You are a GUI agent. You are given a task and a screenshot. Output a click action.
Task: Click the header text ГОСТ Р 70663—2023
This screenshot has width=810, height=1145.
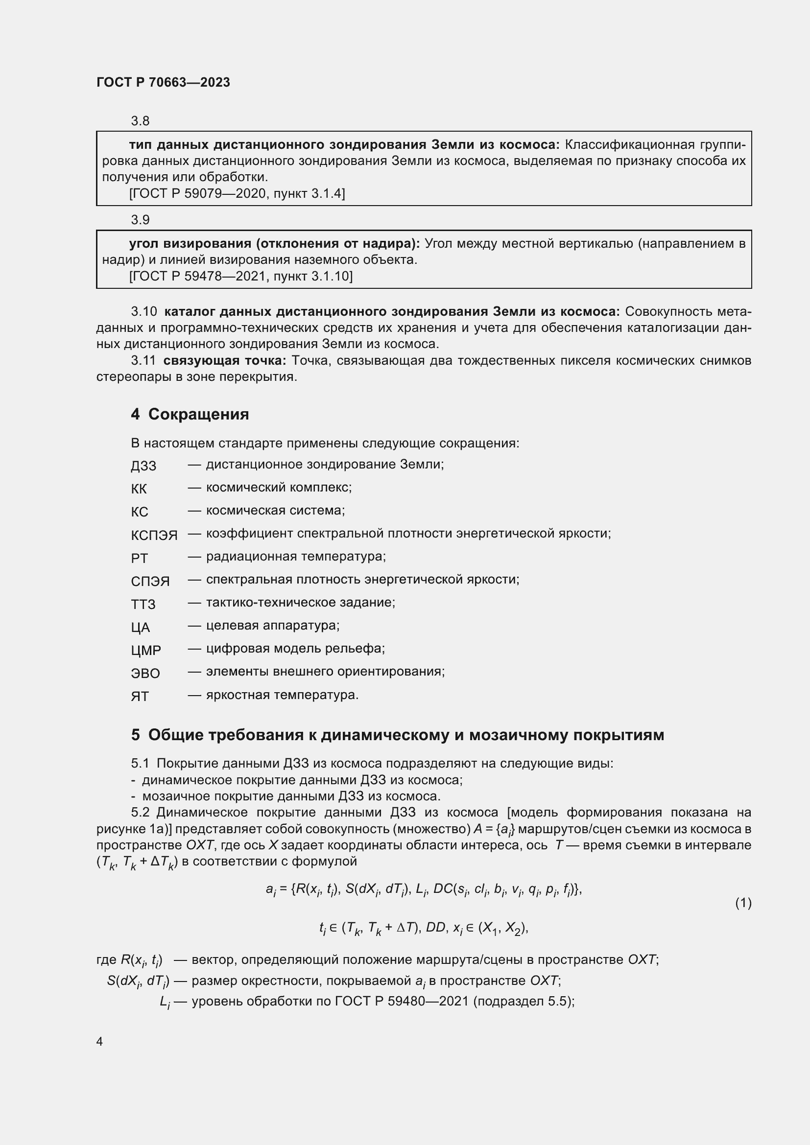tap(163, 82)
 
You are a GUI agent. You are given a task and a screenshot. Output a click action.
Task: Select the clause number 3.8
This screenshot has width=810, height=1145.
tap(140, 121)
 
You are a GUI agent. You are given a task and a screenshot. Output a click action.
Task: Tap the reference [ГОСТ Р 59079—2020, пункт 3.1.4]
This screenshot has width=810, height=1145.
tap(237, 193)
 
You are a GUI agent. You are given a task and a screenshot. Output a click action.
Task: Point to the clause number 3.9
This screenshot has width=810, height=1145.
tap(140, 220)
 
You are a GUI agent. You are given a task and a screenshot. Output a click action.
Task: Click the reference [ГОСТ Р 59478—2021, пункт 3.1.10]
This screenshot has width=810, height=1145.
tap(240, 276)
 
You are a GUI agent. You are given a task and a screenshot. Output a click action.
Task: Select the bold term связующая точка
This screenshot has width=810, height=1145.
tap(224, 361)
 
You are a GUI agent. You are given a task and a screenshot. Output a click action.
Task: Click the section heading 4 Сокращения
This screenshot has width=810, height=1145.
tap(190, 415)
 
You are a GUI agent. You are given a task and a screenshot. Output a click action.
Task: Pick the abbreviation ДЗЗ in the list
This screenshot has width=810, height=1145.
tap(143, 466)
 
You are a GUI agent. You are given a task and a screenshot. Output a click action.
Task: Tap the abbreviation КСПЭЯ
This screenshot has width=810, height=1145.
tap(154, 535)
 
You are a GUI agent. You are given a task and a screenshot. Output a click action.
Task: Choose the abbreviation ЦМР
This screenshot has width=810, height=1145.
tap(146, 650)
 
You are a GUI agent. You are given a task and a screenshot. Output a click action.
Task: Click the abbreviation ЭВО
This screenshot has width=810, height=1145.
tap(145, 673)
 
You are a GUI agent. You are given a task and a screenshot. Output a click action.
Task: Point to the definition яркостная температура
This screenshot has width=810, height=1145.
tap(282, 695)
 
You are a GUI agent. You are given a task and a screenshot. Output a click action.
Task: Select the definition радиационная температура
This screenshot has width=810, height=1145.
tap(296, 557)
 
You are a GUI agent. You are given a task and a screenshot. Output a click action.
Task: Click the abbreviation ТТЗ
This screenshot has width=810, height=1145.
tap(143, 605)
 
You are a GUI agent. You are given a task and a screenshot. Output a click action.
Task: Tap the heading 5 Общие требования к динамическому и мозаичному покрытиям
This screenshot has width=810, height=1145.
tap(398, 735)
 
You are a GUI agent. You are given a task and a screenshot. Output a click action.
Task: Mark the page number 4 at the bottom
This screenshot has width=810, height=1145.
tap(100, 1042)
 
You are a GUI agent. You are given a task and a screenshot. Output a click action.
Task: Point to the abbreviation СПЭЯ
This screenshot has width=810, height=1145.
tap(150, 582)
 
